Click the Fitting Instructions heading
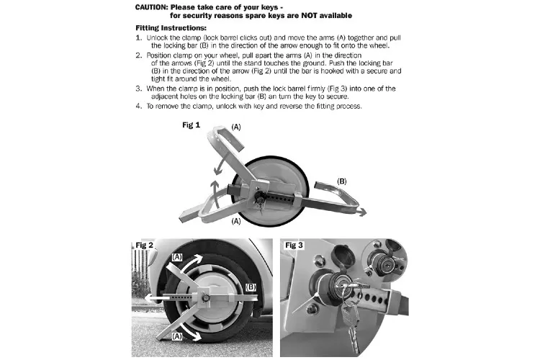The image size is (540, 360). [171, 28]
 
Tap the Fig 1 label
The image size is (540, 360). [191, 125]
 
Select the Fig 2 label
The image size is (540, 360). [144, 246]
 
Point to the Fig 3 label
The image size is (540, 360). [294, 246]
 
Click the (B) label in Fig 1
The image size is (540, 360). [341, 181]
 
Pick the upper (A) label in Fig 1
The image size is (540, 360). [236, 127]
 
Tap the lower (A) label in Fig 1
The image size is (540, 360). [236, 221]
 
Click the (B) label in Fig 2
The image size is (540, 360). [251, 287]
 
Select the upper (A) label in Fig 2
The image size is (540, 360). [177, 257]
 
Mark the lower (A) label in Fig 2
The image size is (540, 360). [177, 336]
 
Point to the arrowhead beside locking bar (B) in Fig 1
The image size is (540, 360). [362, 212]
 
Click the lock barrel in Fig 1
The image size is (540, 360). [258, 197]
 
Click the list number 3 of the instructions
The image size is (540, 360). [138, 89]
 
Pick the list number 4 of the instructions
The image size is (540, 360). [138, 106]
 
